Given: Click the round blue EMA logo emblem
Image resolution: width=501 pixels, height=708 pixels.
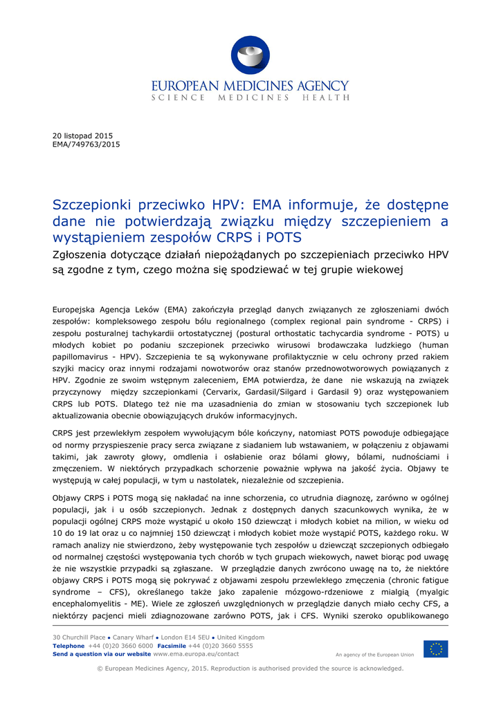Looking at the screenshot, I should coord(250,55).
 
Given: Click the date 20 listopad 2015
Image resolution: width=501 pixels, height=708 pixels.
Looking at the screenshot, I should coord(82,136).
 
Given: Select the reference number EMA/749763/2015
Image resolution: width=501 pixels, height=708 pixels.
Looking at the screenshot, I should coord(86,145).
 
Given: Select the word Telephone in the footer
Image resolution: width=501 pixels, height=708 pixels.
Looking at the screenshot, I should coord(69,645).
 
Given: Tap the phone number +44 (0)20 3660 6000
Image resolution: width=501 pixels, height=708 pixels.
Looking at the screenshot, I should coord(121,645).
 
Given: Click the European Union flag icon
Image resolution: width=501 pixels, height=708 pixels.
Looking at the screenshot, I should coord(435,649).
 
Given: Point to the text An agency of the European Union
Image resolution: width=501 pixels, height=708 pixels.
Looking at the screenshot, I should coord(374,654).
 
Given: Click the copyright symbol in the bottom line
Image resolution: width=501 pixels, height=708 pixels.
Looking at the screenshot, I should coord(100,669).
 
